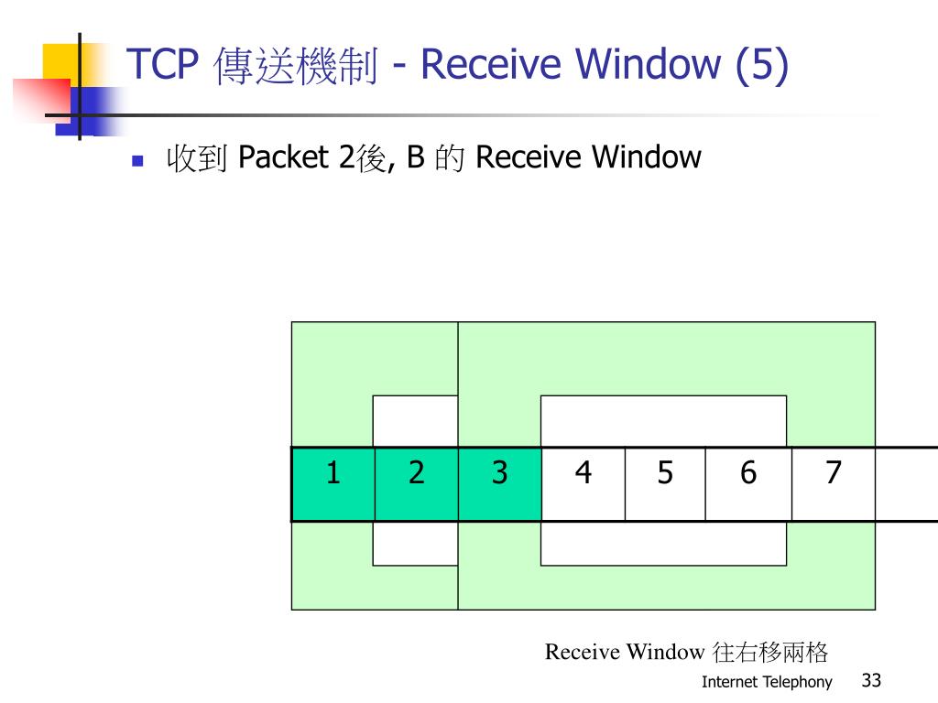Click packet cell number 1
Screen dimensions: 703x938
pos(333,484)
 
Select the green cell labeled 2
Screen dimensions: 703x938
pos(417,484)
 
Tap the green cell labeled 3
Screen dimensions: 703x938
pos(499,484)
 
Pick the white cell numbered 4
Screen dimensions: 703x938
pos(584,484)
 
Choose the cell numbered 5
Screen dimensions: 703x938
pos(665,484)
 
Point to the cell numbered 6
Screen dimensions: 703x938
pos(748,484)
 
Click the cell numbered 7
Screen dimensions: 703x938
pos(833,484)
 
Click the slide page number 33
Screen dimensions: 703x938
pos(871,680)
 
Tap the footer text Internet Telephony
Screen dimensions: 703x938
pos(767,682)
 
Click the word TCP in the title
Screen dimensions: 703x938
pos(162,65)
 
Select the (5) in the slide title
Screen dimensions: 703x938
pos(760,65)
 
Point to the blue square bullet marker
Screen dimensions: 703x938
pos(138,161)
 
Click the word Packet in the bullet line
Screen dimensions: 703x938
pos(283,158)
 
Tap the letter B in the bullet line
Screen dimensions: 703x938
pos(415,158)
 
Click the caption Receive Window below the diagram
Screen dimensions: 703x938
pos(624,652)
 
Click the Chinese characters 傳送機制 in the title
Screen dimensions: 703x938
pos(296,67)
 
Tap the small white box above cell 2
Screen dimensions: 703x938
pos(415,421)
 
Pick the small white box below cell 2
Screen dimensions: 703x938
pos(415,544)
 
